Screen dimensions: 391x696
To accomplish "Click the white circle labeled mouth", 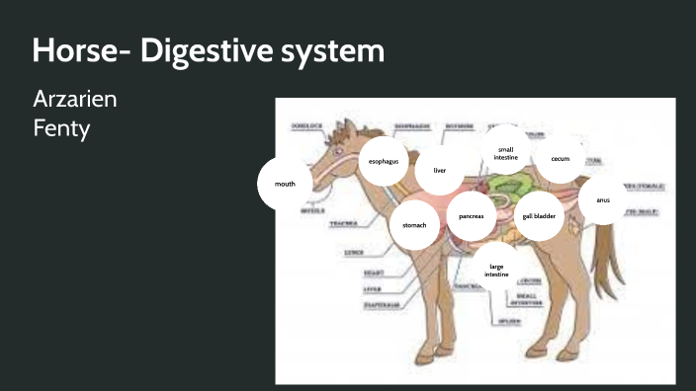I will (x=285, y=184).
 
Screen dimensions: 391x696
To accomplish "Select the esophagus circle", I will (x=384, y=160).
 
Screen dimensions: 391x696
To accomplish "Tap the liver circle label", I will (x=440, y=170).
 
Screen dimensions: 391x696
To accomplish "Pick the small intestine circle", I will (x=506, y=152).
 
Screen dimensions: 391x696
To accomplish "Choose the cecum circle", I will (x=561, y=158).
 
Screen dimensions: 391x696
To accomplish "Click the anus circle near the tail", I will (x=603, y=199).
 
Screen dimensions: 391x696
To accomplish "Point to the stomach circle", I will (x=414, y=225).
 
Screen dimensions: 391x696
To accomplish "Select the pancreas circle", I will (x=471, y=215).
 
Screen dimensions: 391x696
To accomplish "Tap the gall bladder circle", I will (x=539, y=215).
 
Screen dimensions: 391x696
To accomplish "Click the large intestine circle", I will (x=496, y=270).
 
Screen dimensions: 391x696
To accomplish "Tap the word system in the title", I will (x=334, y=50).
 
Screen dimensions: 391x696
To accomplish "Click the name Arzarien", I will (x=76, y=101).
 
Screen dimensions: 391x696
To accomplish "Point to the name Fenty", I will (x=61, y=128).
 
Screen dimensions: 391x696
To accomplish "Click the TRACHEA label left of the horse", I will (x=343, y=224).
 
